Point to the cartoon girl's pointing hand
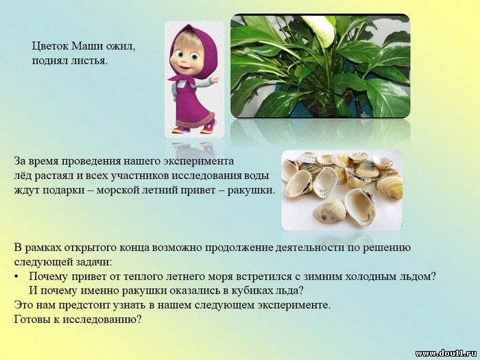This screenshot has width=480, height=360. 215,80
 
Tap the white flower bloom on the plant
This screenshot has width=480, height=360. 320,29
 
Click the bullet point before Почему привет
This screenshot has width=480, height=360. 16,277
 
